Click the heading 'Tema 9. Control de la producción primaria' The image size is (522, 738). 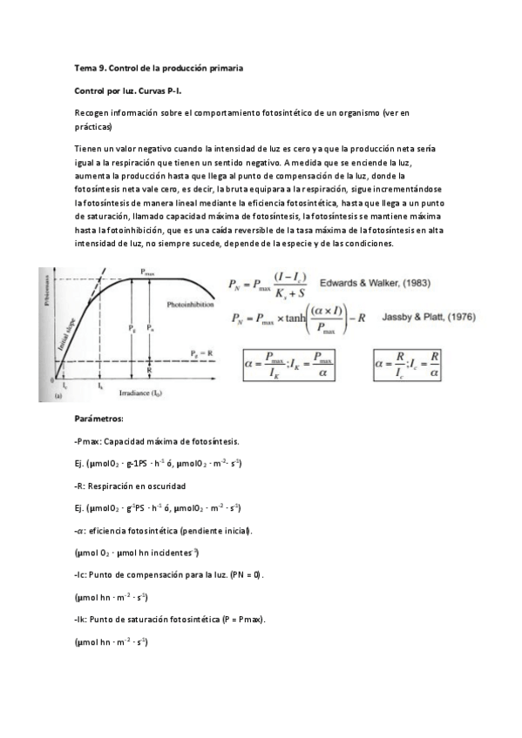coord(159,67)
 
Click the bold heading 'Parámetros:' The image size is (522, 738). coord(99,418)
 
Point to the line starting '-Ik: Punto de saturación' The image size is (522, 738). coord(171,620)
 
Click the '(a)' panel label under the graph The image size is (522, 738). coord(57,396)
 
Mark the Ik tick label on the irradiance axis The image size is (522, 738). coord(100,384)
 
